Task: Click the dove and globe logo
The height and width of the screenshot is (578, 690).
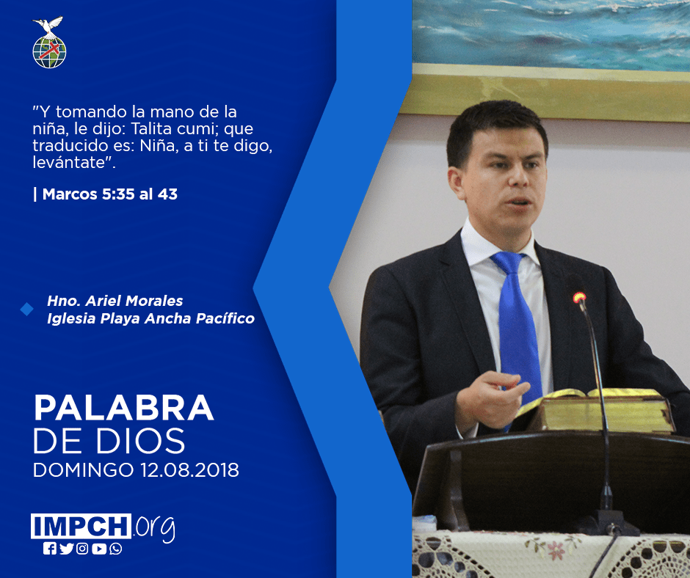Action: coord(49,43)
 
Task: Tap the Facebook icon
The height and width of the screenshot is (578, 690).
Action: coord(50,549)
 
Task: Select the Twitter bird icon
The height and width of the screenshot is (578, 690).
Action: coord(66,549)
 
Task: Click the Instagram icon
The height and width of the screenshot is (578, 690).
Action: coord(82,549)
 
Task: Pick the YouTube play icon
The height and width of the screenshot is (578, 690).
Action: coord(99,549)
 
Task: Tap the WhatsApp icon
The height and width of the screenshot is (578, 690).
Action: coord(116,549)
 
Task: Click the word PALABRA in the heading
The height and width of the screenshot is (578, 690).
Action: coord(123,409)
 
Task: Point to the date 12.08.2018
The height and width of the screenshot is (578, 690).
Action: coord(189,469)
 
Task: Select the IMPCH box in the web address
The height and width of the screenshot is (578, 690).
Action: coord(81,526)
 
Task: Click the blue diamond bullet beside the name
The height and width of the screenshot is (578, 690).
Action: coord(27,310)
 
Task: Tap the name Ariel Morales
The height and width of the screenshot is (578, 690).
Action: coord(134,301)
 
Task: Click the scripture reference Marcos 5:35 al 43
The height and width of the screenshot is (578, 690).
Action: coord(110,194)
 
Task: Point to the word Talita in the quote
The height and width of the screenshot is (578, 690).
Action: coord(152,129)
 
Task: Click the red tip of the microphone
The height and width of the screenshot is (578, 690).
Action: coord(579,298)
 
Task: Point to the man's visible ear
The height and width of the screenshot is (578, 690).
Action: coord(457,184)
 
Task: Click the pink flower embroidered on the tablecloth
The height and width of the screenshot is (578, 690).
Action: coord(556,550)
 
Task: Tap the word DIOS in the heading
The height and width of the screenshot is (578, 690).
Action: coord(141,441)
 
